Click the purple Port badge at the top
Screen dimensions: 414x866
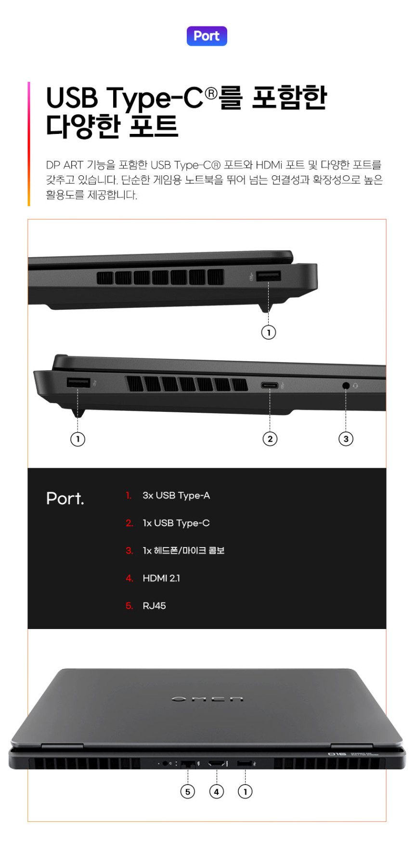207,36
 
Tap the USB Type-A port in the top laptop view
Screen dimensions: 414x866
269,276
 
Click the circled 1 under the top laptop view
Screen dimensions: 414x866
269,332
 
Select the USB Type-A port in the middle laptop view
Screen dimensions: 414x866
78,383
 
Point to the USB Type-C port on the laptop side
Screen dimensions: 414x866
270,385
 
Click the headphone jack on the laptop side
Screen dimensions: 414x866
346,385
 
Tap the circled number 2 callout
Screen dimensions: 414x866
270,439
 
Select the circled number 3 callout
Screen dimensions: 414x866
346,439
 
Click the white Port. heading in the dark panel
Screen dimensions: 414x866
65,499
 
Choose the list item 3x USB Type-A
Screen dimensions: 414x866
176,496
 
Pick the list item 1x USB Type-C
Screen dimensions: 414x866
176,523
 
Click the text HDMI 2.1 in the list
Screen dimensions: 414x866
161,578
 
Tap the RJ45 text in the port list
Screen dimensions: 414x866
154,606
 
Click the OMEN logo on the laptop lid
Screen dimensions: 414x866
207,698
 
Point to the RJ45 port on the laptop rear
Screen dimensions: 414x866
188,764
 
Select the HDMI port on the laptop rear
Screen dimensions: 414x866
217,763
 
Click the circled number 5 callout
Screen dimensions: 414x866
188,791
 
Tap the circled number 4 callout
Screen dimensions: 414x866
217,791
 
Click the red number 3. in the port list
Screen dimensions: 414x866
129,551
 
